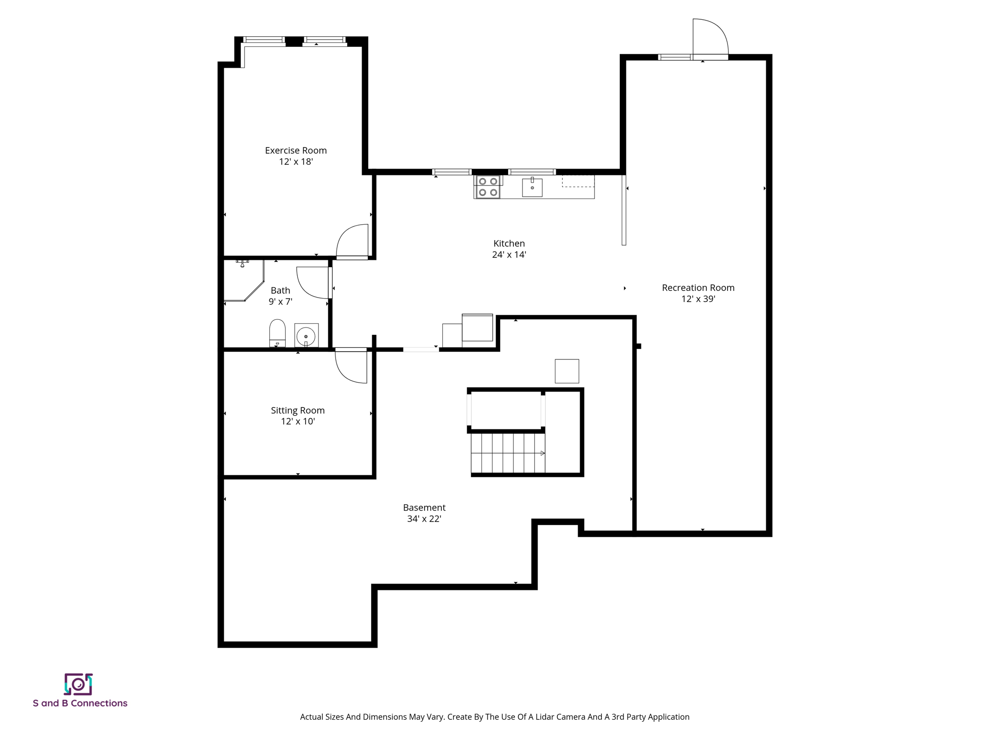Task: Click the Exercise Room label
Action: tap(295, 150)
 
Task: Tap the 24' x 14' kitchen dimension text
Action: tap(509, 255)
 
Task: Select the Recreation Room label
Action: tap(698, 287)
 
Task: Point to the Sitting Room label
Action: tap(297, 410)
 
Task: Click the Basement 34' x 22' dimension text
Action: tap(424, 519)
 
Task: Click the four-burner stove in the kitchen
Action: tap(487, 187)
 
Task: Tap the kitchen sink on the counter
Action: tap(532, 187)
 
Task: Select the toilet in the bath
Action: tap(277, 332)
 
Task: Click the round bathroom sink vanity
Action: tap(306, 336)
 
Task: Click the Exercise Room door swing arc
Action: tap(350, 240)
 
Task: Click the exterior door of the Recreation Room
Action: tap(710, 39)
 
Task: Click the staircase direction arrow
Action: tap(542, 453)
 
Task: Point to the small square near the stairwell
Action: tap(567, 371)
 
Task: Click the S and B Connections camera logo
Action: tap(78, 684)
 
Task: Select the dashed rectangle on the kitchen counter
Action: tap(578, 181)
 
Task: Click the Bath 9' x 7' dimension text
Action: tap(280, 301)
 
